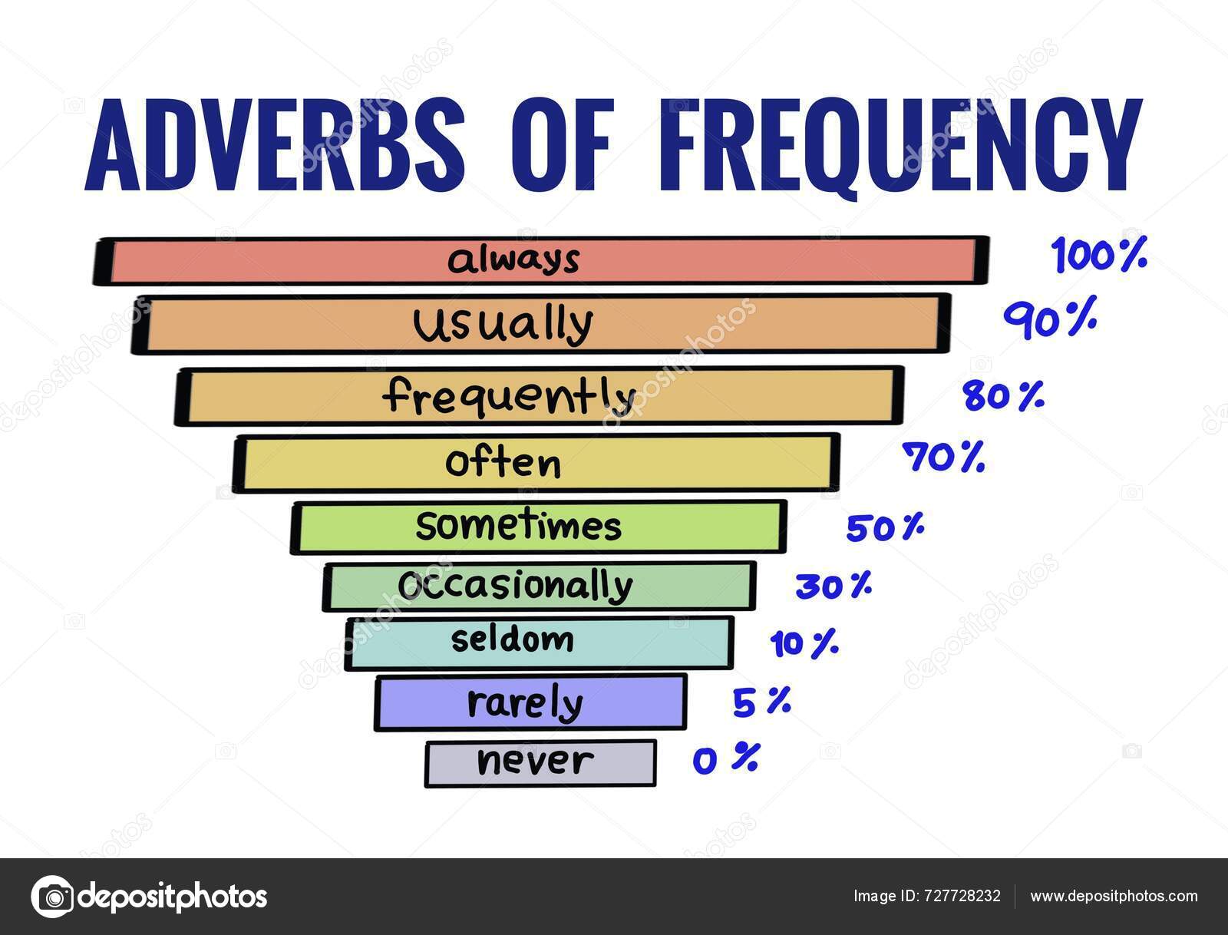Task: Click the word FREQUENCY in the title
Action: pyautogui.click(x=899, y=146)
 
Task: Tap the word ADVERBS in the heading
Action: pyautogui.click(x=276, y=146)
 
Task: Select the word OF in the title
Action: pyautogui.click(x=560, y=146)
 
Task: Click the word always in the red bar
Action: pyautogui.click(x=513, y=260)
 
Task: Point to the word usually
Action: pyautogui.click(x=503, y=325)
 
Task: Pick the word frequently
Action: pyautogui.click(x=510, y=396)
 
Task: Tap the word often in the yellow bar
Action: pyautogui.click(x=503, y=463)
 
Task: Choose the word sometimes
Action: pyautogui.click(x=518, y=527)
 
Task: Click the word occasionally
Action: pyautogui.click(x=515, y=586)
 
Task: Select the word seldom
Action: pyautogui.click(x=512, y=639)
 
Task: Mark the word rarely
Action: pyautogui.click(x=525, y=702)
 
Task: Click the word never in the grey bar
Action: pyautogui.click(x=535, y=762)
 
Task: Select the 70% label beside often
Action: pyautogui.click(x=943, y=458)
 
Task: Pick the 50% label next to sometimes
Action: pyautogui.click(x=885, y=529)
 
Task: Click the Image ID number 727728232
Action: pyautogui.click(x=962, y=897)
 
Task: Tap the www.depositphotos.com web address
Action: pyautogui.click(x=1114, y=897)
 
